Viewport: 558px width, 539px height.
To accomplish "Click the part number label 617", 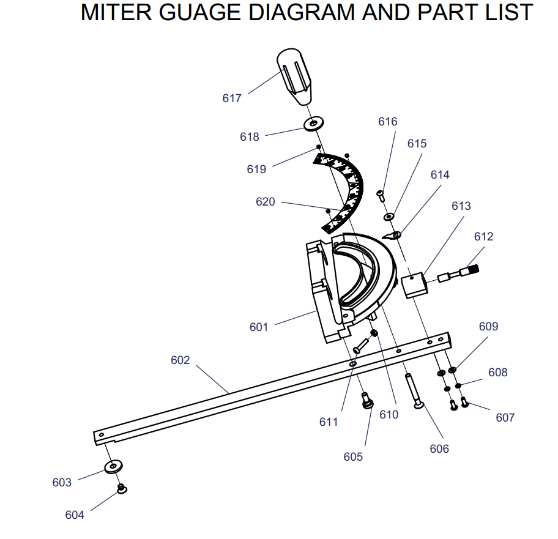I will click(232, 98).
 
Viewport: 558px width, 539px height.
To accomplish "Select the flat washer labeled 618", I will click(314, 124).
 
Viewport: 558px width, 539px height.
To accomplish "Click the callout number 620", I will click(265, 201).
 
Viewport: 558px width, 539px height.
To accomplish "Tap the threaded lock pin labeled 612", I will click(459, 273).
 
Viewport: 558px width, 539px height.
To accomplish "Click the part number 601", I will click(258, 327).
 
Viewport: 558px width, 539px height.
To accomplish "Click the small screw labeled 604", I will click(122, 489).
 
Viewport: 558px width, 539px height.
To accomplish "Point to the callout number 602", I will click(180, 360).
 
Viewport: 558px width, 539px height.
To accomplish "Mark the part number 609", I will click(488, 327).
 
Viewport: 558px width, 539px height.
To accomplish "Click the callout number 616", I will click(387, 122).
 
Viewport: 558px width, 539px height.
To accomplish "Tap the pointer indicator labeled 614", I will click(392, 235).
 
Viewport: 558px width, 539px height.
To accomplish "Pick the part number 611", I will click(329, 422).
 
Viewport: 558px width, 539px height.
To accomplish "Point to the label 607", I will click(505, 418).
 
